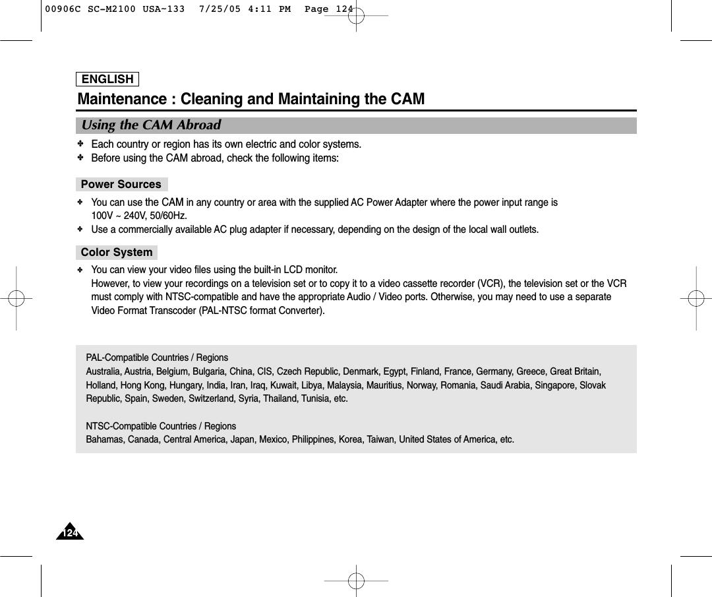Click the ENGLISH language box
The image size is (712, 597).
coord(108,79)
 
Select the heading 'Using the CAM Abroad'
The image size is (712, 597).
coord(151,125)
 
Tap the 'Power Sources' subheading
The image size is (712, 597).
coord(121,185)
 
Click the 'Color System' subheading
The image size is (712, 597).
coord(117,253)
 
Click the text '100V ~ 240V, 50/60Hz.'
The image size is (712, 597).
coord(139,216)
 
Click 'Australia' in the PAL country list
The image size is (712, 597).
coord(104,372)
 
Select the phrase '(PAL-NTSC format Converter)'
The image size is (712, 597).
coord(262,311)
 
